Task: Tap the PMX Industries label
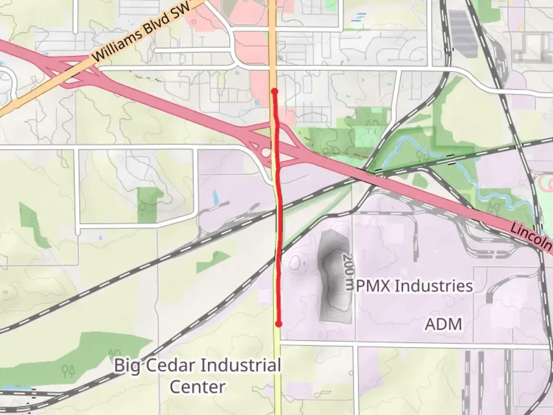coord(414,286)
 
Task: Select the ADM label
coord(443,324)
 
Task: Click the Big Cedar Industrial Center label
coord(197,375)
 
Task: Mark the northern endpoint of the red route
coord(274,91)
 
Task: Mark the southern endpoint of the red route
coord(279,324)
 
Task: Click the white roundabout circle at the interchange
coord(266,153)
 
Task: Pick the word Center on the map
coord(197,387)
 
